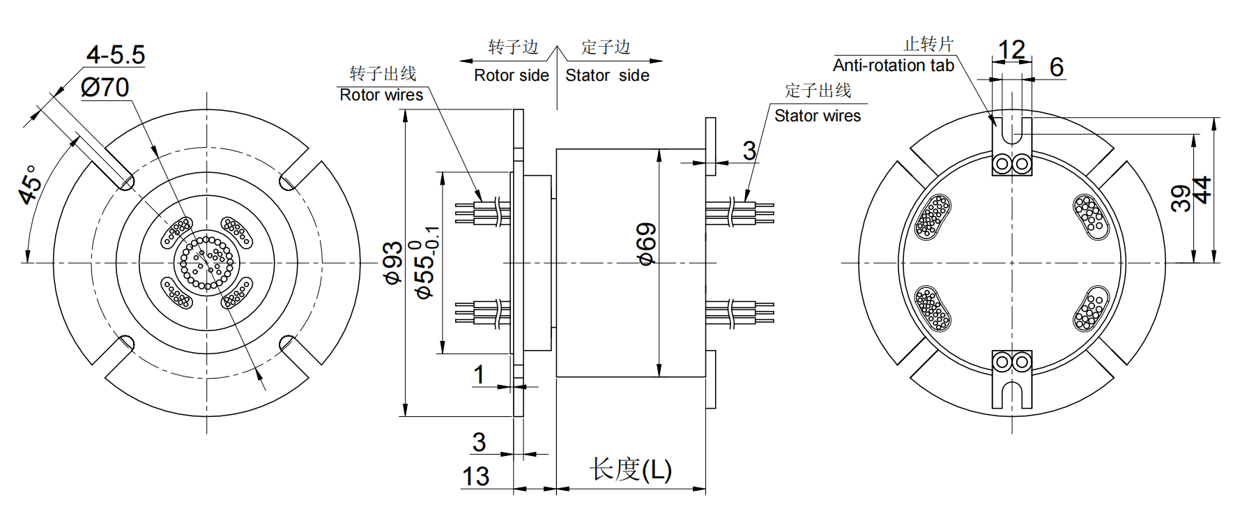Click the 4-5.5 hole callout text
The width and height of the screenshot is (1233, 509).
[x=116, y=54]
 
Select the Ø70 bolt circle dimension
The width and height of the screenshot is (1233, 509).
[x=105, y=87]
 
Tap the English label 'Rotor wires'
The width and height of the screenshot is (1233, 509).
[x=381, y=95]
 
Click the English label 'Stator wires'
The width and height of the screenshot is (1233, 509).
[x=817, y=116]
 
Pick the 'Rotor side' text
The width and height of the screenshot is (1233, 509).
[x=511, y=75]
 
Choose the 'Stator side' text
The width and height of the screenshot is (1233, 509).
[x=607, y=75]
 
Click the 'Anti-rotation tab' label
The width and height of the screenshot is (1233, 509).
[x=893, y=66]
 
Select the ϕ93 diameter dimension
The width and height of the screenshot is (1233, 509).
[x=393, y=263]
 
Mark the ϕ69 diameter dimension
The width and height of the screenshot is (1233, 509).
[x=647, y=244]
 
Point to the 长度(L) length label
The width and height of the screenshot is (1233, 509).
[x=631, y=469]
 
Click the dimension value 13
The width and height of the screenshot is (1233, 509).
[x=475, y=477]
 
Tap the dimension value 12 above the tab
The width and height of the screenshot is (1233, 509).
[x=1011, y=50]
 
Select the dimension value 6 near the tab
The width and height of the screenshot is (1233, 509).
[x=1057, y=67]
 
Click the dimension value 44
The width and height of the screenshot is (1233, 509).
[x=1204, y=190]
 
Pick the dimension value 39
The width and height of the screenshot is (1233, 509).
[x=1181, y=198]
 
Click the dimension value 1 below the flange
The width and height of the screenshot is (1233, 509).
[x=479, y=374]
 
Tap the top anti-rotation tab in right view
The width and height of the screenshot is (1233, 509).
[x=1012, y=146]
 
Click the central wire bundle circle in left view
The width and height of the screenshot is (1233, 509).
[x=206, y=262]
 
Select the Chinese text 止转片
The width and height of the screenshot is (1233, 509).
[x=928, y=45]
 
